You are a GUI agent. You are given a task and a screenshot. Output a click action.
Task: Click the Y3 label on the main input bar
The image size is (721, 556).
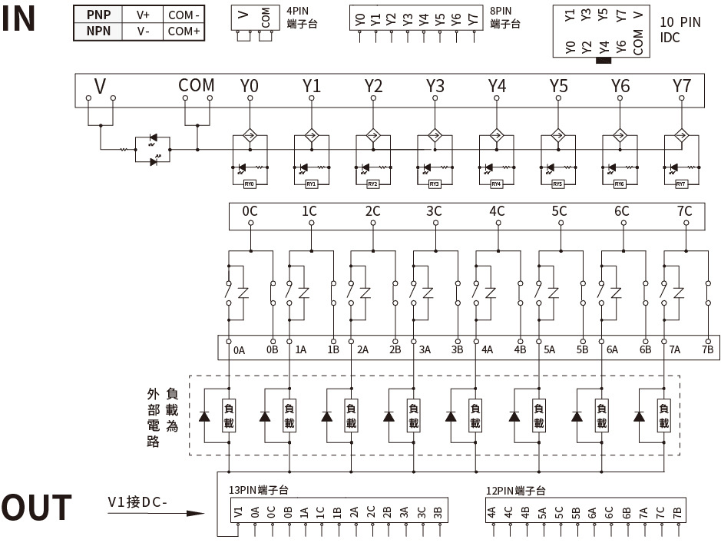[435, 86]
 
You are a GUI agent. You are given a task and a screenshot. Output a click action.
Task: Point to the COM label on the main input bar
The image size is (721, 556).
[197, 85]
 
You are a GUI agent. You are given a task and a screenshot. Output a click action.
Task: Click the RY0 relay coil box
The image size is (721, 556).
[250, 184]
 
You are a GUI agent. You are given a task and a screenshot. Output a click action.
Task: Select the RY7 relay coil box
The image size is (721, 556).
[680, 184]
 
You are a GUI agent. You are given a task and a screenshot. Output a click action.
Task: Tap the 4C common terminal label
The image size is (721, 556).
[497, 211]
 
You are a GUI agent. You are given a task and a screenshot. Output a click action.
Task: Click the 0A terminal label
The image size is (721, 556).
[240, 350]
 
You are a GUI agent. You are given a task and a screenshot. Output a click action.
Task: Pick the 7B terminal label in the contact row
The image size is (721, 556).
[707, 350]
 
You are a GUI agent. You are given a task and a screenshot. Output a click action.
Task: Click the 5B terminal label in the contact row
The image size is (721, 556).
[582, 350]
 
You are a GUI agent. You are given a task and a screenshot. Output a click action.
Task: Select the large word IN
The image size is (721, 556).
[18, 18]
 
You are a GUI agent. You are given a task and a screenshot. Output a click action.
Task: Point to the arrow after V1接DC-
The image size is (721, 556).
[197, 515]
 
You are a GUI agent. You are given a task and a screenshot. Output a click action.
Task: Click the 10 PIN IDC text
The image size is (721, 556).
[680, 29]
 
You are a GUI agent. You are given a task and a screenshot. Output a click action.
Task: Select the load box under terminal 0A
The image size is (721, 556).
[228, 415]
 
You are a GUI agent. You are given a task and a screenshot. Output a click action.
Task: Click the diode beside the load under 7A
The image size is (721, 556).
[638, 416]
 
